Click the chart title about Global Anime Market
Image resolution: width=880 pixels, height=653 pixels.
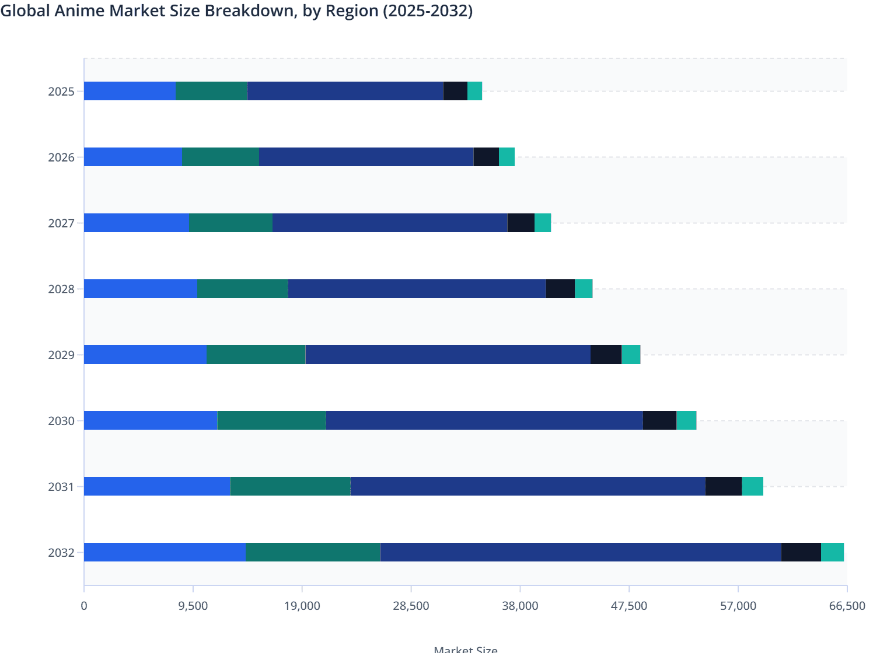236,11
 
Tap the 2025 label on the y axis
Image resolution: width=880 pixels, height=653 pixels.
61,92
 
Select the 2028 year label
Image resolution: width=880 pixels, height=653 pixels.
61,289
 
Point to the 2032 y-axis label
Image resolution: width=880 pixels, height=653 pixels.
61,553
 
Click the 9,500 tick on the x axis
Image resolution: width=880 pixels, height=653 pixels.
193,606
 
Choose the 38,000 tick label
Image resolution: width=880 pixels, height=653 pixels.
520,606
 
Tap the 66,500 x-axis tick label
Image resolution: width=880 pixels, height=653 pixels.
847,606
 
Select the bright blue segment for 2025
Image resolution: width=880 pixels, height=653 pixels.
130,91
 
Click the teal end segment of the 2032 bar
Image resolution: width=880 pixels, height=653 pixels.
832,552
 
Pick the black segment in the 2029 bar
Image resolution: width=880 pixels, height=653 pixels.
606,354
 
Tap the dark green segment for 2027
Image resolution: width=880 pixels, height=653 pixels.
231,223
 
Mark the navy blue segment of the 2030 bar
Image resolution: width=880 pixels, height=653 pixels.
484,420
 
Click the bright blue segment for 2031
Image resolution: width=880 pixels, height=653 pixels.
157,486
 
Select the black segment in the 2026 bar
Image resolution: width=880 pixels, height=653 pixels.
486,157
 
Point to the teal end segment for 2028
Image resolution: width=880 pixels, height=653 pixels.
584,289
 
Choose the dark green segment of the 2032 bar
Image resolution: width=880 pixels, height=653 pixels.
313,552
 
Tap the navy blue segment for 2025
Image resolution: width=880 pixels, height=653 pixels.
345,91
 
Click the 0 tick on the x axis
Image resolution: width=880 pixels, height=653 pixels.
84,606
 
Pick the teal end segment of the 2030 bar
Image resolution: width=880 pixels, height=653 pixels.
686,420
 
